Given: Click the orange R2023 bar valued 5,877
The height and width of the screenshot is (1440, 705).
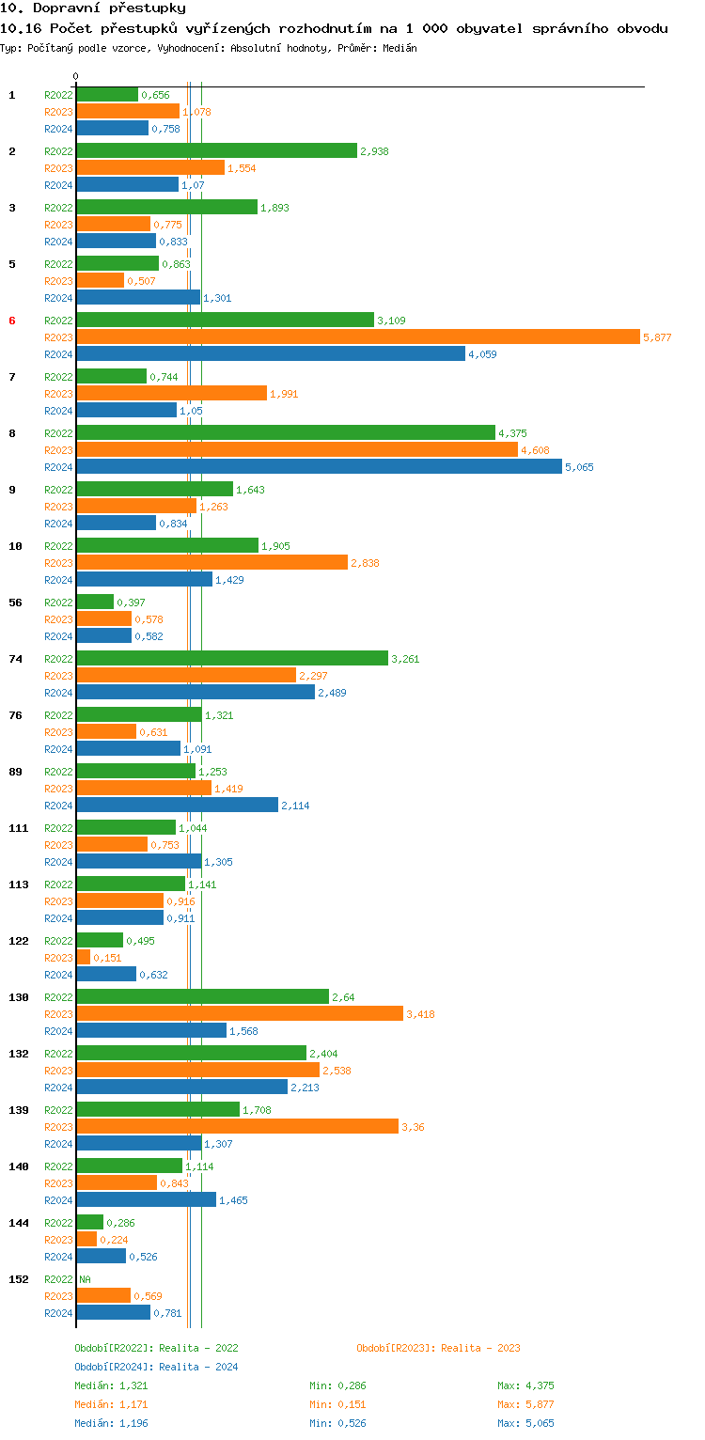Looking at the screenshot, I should [357, 337].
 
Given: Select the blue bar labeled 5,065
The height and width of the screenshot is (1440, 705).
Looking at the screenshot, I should [319, 467].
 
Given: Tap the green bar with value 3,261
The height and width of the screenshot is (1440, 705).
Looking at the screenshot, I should [231, 659].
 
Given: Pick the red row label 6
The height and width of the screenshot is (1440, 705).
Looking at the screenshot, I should [12, 321].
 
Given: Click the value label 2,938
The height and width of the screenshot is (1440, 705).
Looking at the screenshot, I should [374, 151].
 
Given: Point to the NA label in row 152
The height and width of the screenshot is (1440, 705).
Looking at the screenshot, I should [85, 1279].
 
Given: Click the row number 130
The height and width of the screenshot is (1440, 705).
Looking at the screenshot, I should [18, 997].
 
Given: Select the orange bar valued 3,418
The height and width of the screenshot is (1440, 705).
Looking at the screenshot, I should [240, 1014].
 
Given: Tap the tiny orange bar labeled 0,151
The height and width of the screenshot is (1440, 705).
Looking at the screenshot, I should [83, 958].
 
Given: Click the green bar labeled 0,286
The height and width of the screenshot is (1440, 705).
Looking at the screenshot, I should [89, 1223].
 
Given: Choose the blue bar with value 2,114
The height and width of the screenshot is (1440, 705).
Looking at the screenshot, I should [177, 806].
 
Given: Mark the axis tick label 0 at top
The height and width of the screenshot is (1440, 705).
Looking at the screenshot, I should [76, 76].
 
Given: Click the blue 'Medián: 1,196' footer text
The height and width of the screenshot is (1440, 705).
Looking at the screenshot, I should [111, 1423].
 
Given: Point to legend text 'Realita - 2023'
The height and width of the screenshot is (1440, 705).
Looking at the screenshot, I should [480, 1348].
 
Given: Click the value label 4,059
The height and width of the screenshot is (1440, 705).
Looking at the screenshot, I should [482, 354].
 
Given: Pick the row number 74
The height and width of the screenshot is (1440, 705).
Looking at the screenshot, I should [15, 659].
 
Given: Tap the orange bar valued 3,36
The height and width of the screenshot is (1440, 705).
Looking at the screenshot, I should [237, 1127].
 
